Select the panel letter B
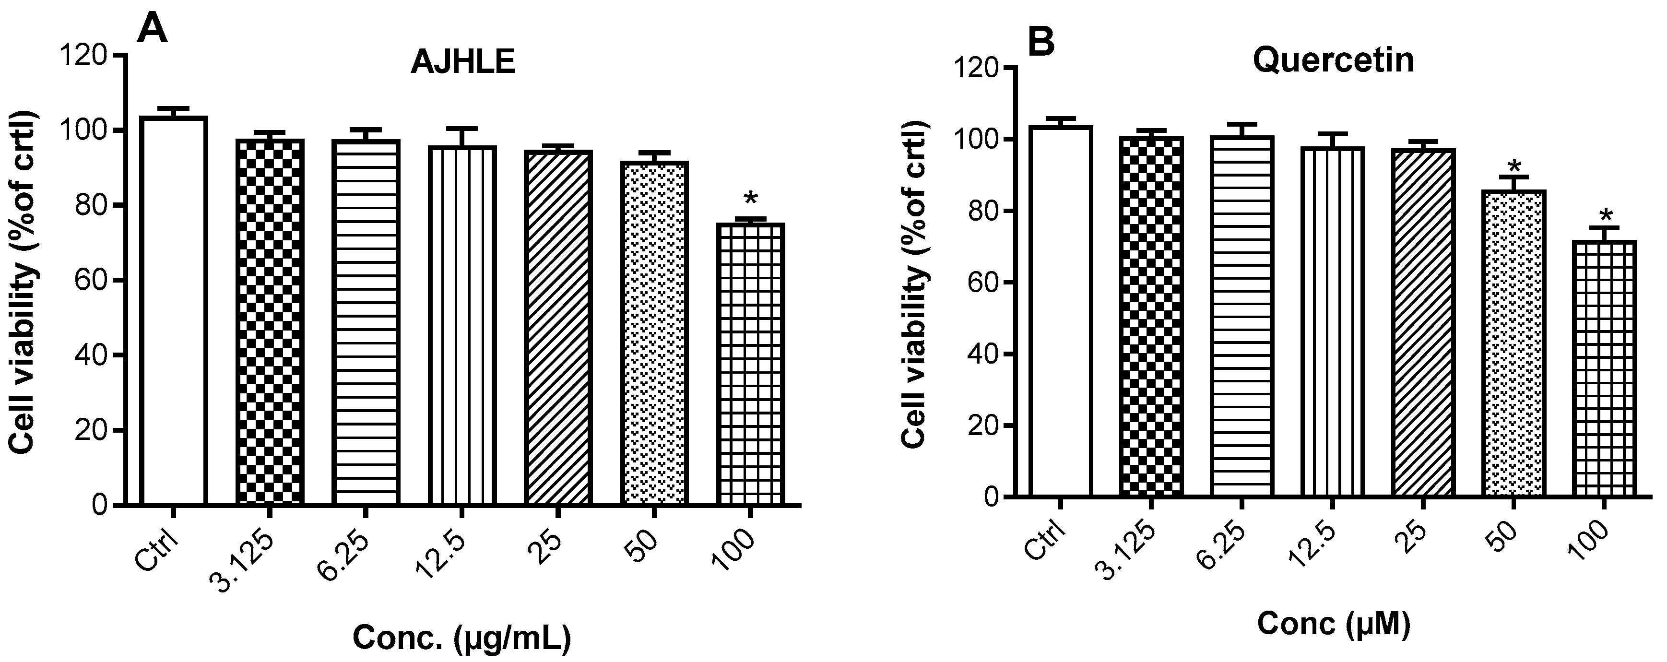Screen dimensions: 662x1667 1041,43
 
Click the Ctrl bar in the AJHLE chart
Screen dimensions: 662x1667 174,311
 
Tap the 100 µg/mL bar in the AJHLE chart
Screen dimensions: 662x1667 751,362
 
